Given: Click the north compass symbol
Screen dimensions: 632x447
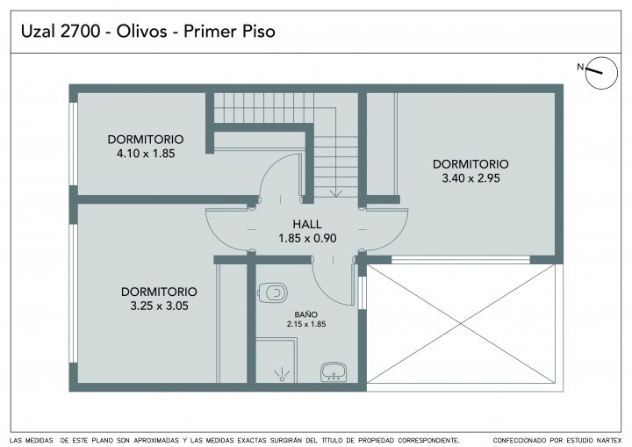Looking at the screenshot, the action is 601,73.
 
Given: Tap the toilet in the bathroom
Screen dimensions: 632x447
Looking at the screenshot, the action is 272,292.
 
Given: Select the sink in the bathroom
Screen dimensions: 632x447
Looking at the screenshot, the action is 334,371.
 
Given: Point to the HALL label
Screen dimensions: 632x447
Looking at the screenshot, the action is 307,224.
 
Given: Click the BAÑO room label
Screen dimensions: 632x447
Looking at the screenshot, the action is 306,314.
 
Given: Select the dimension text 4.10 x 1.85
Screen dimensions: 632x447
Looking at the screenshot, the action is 146,154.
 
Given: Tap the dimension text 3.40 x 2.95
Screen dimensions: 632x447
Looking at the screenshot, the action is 470,178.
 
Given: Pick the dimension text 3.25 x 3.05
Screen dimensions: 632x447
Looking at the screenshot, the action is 159,306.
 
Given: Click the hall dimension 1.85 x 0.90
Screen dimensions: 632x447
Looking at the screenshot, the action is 307,238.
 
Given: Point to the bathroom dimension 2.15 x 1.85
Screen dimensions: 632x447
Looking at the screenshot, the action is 306,324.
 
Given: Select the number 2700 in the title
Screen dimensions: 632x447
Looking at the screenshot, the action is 80,32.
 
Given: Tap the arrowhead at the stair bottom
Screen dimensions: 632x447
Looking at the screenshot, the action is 335,194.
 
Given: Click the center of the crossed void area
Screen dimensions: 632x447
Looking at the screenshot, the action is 461,323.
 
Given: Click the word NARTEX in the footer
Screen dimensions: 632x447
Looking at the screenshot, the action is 609,441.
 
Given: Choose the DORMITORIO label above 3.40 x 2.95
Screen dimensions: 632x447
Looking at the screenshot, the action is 470,164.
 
